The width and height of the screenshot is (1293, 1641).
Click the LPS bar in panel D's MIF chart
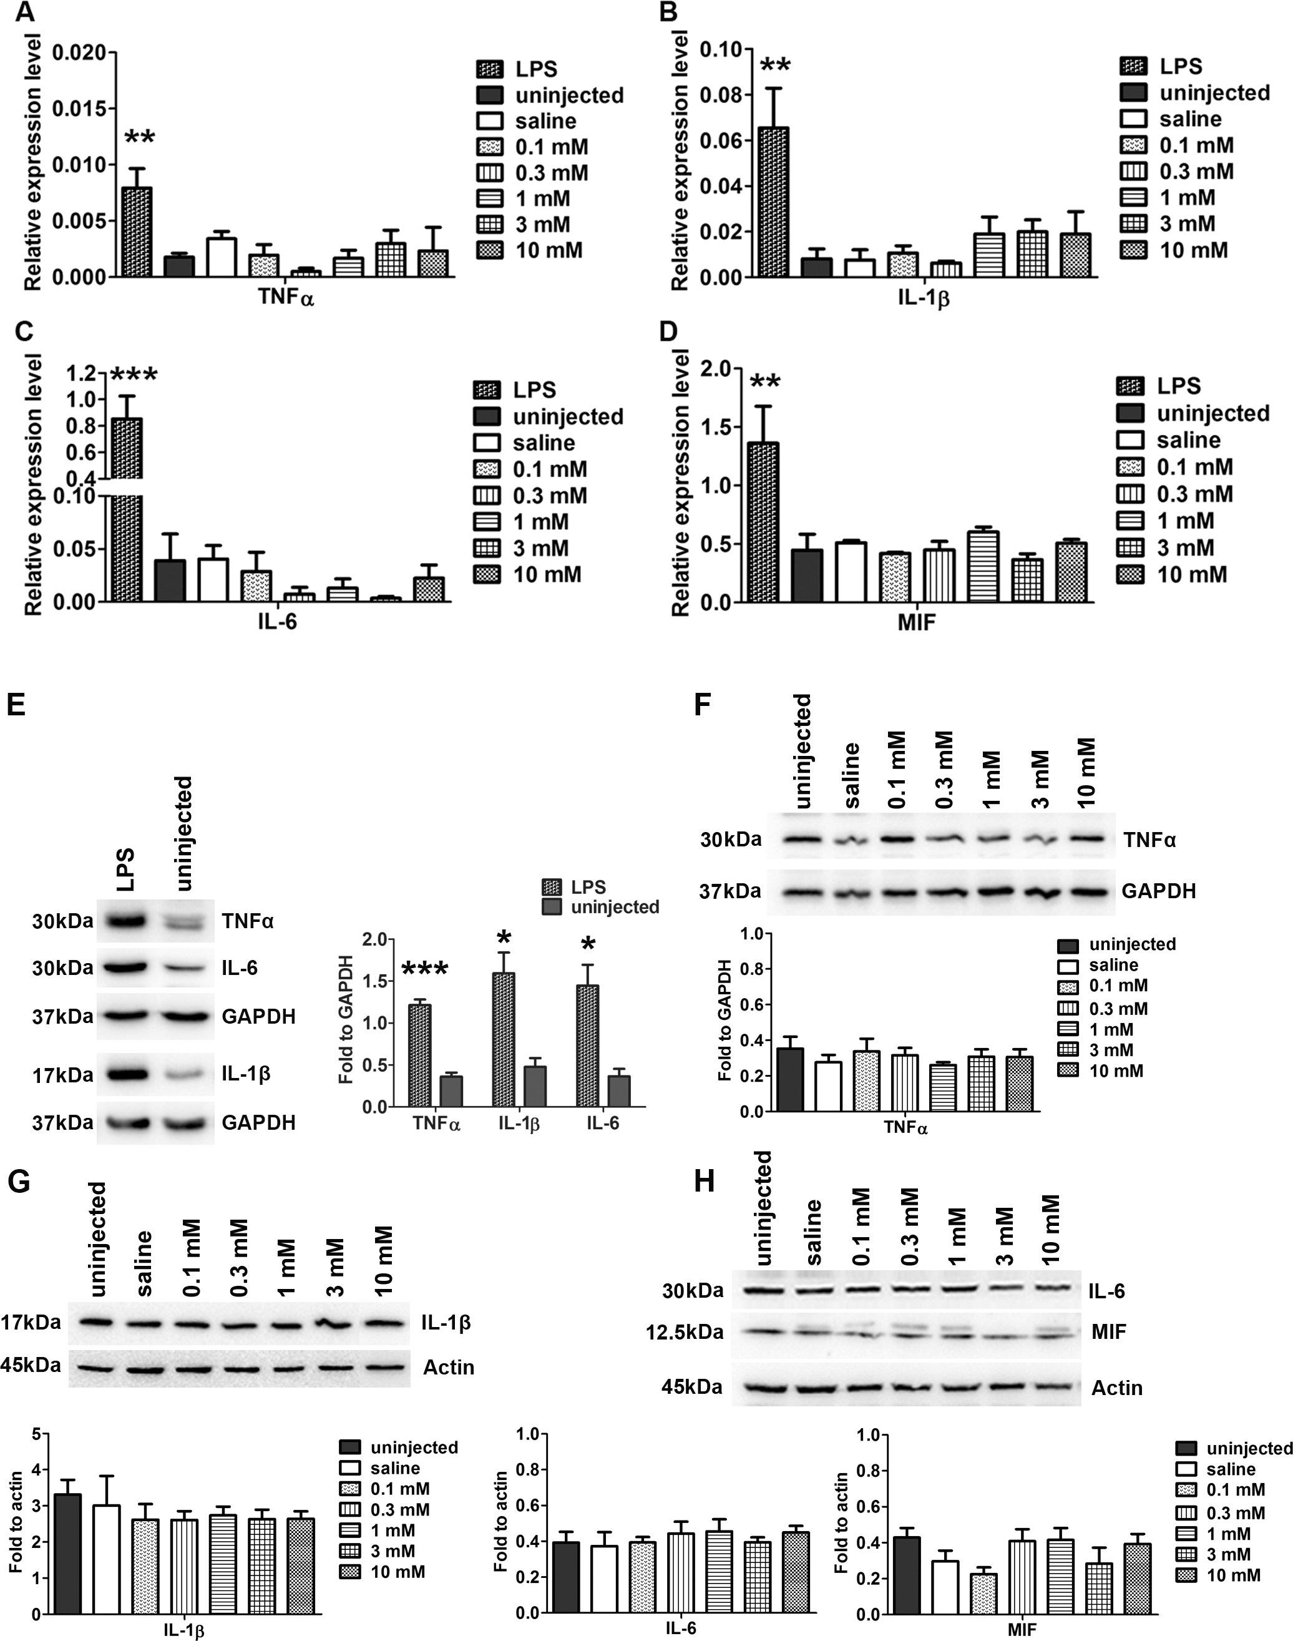(763, 522)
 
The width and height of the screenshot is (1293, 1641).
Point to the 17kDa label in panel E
(62, 1075)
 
